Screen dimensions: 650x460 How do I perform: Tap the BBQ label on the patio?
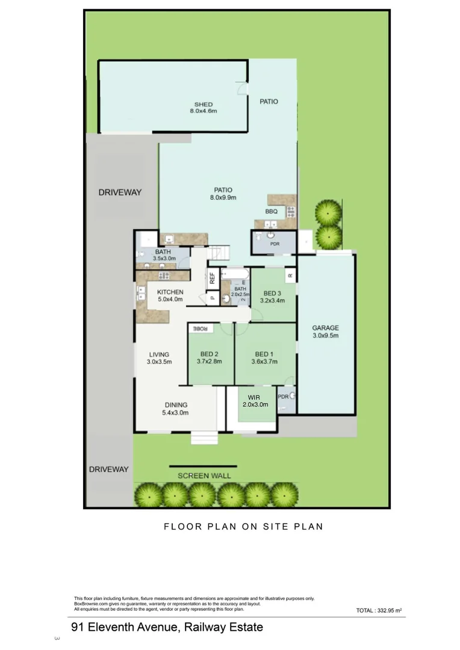(271, 212)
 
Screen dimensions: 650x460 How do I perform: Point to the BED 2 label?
(209, 354)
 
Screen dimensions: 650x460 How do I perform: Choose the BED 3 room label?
(272, 293)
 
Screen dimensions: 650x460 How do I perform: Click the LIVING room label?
(159, 354)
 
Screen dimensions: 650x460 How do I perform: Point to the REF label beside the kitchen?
(212, 279)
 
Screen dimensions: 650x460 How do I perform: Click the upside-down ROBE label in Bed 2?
(200, 329)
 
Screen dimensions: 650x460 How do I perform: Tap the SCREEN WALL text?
(204, 475)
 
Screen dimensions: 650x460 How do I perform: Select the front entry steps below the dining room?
(203, 438)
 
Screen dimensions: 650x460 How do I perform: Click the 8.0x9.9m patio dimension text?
(223, 197)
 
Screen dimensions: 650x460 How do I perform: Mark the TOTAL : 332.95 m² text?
(379, 610)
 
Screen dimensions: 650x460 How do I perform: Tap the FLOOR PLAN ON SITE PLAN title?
(243, 526)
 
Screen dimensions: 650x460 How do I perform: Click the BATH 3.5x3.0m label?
(163, 255)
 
